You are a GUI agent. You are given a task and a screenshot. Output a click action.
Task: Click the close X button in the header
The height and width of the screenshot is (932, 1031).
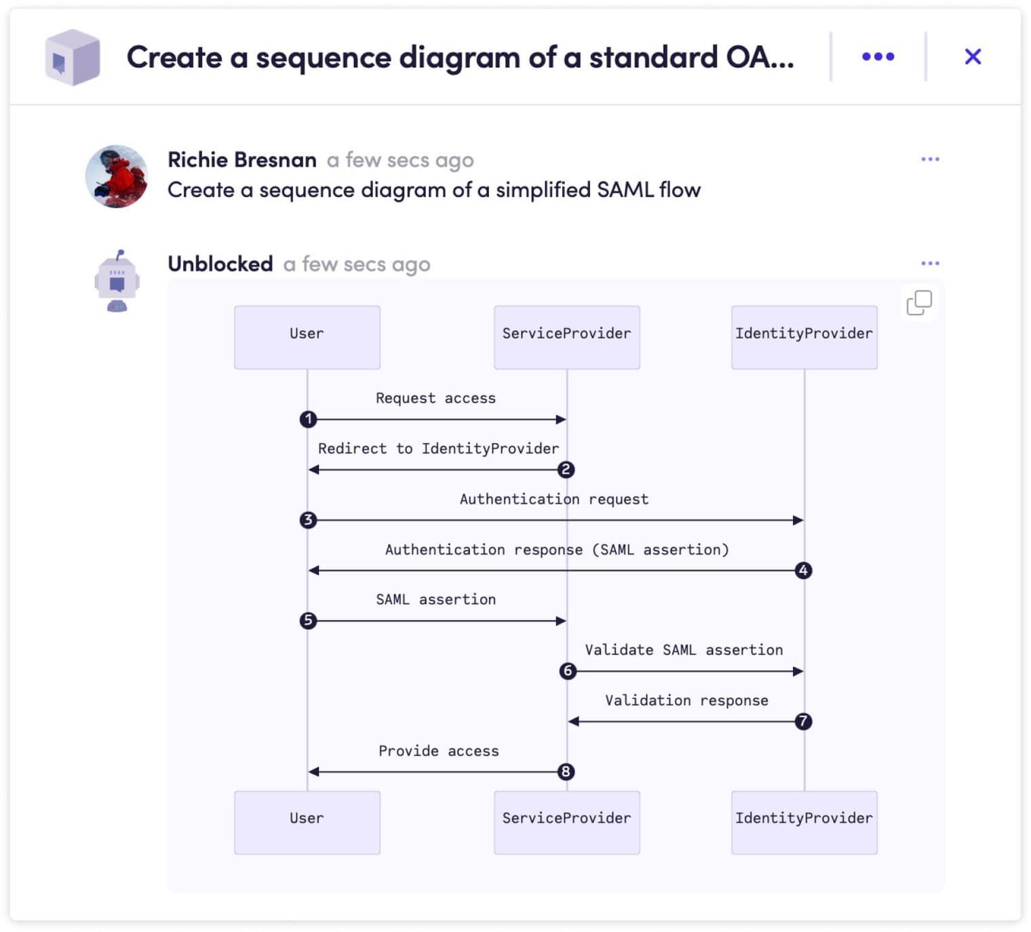[973, 56]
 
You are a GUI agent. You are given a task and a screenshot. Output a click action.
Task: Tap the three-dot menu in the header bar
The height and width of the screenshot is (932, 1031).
[878, 56]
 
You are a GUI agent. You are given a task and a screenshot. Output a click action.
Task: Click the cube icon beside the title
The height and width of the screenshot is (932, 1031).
[73, 57]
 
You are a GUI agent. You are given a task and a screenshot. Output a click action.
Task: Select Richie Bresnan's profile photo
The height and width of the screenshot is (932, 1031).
[117, 176]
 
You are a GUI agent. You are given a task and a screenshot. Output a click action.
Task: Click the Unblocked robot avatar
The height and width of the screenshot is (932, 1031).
[117, 281]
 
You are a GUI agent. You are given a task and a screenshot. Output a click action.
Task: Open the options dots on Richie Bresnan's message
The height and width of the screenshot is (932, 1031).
[930, 159]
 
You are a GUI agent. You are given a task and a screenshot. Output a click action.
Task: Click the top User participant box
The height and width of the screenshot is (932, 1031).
[307, 338]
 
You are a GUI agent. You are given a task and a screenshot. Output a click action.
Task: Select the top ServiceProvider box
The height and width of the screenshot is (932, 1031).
[567, 338]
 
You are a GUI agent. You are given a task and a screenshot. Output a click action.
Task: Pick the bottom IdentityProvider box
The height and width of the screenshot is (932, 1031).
[804, 823]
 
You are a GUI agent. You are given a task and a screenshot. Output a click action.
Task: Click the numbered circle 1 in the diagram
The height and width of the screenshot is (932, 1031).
[309, 420]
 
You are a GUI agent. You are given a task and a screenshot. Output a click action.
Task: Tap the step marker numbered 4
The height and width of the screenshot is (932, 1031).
[803, 570]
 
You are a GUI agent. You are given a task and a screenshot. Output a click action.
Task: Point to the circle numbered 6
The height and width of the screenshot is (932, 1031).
[568, 671]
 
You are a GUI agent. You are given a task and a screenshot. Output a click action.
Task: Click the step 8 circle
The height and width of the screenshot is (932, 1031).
[566, 772]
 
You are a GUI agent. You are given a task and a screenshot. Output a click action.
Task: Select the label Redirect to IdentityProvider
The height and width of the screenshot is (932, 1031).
[438, 449]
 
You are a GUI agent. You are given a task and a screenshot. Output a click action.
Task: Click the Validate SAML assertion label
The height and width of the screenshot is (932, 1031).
[684, 650]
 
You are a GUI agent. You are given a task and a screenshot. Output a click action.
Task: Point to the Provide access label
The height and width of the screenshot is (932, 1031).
[438, 750]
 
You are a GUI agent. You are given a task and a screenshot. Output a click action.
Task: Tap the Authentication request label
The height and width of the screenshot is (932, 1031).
[554, 499]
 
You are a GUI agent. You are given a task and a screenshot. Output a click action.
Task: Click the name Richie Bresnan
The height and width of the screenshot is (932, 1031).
[242, 160]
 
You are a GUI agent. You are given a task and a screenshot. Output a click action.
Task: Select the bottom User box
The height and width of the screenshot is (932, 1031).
[307, 823]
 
